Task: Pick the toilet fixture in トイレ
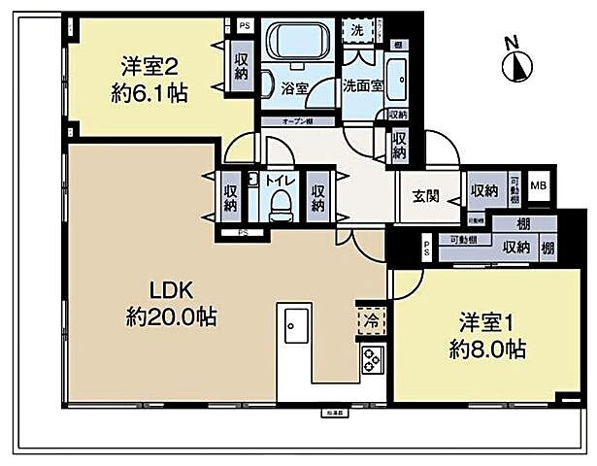281,203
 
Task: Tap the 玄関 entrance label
425,196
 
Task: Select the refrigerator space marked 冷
370,318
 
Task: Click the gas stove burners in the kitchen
371,360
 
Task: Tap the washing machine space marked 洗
358,30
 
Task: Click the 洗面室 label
361,84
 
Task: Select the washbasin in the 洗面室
399,72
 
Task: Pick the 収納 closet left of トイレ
229,193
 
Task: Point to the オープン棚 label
296,121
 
